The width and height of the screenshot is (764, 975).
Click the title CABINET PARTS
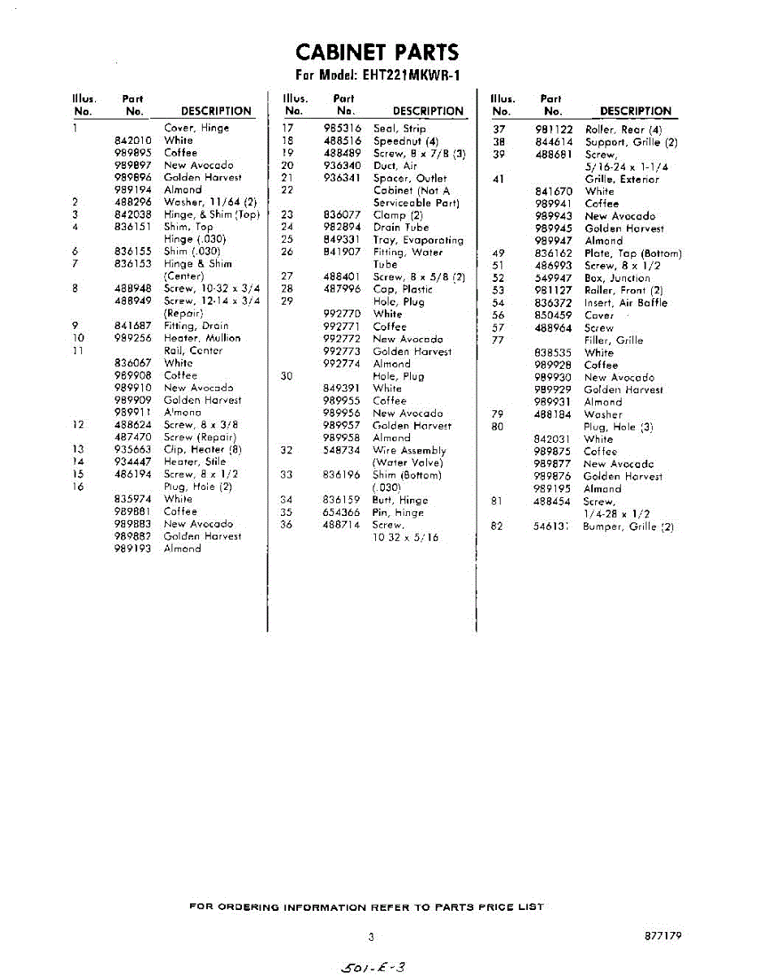click(x=377, y=53)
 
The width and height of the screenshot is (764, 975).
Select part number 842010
click(x=133, y=141)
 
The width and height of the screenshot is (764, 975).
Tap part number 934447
click(x=133, y=461)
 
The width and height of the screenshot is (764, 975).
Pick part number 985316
click(x=342, y=128)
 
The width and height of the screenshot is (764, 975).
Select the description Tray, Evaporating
click(x=418, y=240)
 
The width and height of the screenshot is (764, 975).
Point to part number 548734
click(x=342, y=450)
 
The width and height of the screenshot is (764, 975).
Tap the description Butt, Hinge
click(x=400, y=500)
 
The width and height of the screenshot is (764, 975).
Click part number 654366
click(x=342, y=513)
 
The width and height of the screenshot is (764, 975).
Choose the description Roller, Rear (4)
click(x=624, y=129)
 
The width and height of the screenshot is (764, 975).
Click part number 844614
click(x=555, y=142)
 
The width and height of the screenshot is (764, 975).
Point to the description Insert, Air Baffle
click(x=625, y=303)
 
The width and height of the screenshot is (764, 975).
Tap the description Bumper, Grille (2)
click(x=628, y=526)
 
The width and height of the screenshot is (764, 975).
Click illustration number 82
click(x=497, y=526)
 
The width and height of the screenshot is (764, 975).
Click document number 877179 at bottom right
click(x=663, y=936)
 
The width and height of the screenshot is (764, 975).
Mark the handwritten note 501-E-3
click(x=374, y=966)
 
